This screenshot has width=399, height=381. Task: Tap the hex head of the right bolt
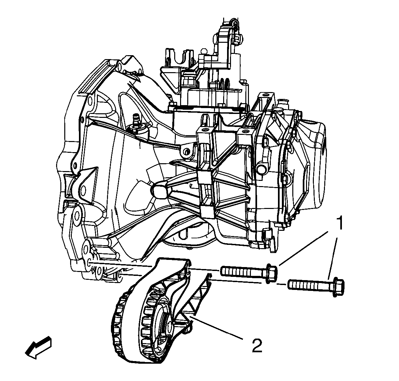pyautogui.click(x=338, y=287)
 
